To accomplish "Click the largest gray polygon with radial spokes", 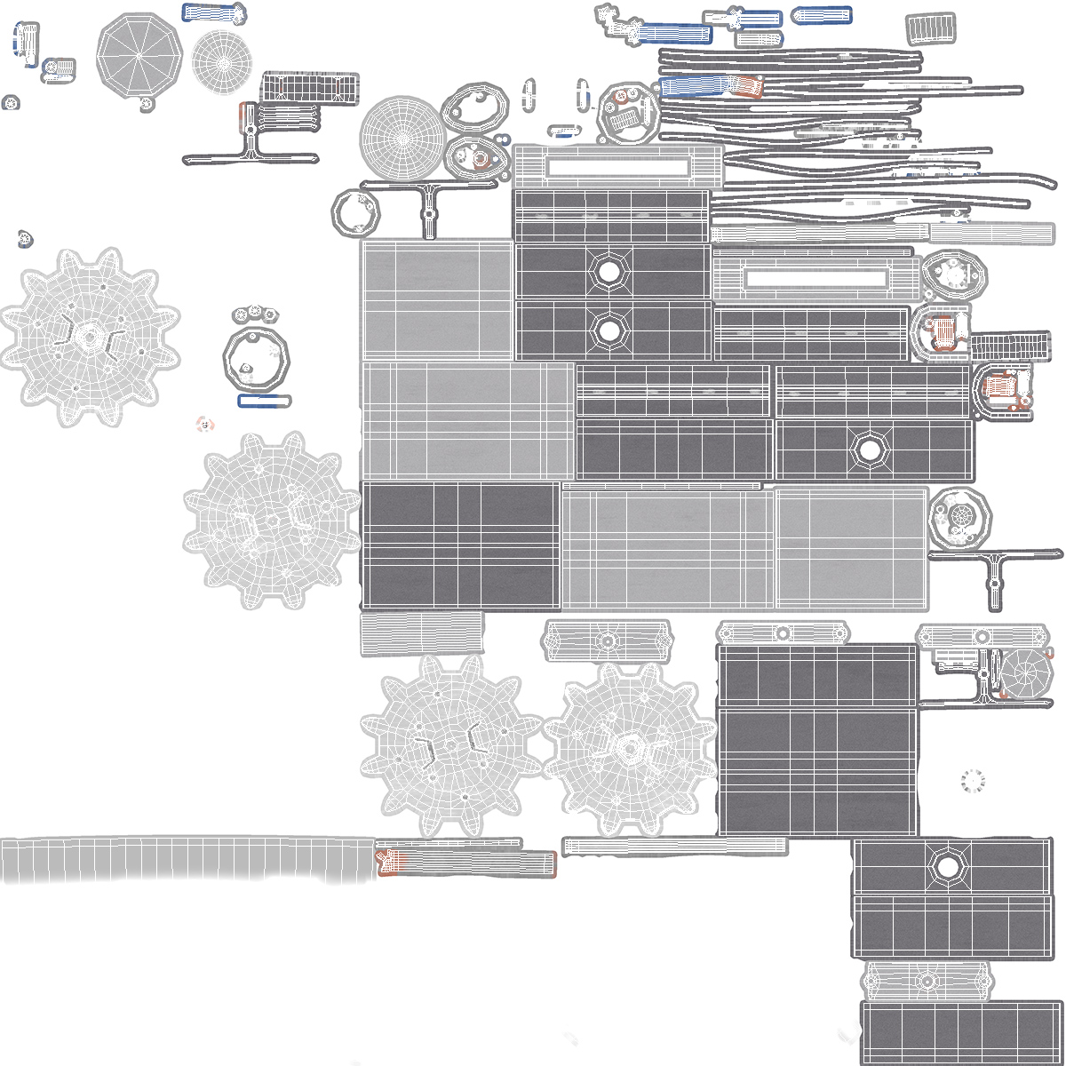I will tap(139, 54).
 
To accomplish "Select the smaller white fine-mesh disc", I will tap(223, 63).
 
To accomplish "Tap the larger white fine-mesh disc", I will tap(402, 138).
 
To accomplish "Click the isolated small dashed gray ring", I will tap(974, 781).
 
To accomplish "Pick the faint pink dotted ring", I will tap(205, 426).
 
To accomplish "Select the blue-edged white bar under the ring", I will tap(264, 402).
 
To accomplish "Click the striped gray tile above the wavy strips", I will tap(930, 28).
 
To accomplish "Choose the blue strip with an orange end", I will tap(711, 86).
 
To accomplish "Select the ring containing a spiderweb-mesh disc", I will tap(959, 517).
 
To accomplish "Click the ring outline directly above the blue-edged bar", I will tap(255, 360).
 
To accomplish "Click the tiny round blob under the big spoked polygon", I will tap(147, 105).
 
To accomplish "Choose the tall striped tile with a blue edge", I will tap(27, 42).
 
